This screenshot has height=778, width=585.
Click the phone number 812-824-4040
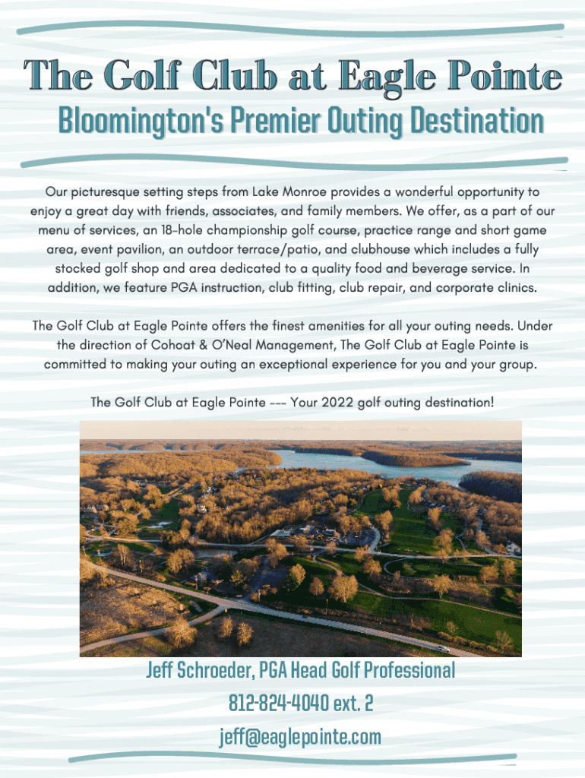point(279,703)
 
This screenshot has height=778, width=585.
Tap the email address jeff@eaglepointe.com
point(300,736)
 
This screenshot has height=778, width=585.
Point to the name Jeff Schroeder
point(200,670)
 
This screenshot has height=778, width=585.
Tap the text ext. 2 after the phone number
point(353,703)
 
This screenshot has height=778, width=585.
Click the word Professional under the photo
point(409,670)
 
